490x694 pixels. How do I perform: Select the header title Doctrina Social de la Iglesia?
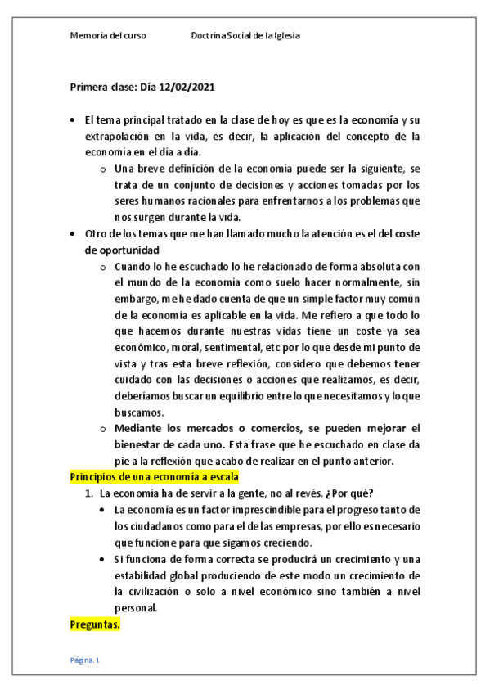coord(250,37)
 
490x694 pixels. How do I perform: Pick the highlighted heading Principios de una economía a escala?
coord(154,477)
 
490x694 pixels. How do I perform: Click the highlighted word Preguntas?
coord(95,624)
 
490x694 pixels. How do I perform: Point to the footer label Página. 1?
coord(84,660)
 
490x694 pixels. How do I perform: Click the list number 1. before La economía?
coord(90,493)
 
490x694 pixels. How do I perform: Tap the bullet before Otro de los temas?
coord(75,234)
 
